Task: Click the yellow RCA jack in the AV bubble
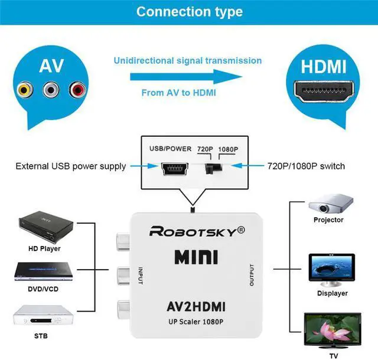click(24, 90)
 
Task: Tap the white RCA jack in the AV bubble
click(50, 90)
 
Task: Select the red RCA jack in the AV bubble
click(77, 90)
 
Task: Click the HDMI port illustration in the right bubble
click(323, 92)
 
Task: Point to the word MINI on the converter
click(196, 257)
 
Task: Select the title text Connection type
click(189, 11)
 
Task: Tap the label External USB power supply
click(70, 166)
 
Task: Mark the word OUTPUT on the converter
click(251, 275)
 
